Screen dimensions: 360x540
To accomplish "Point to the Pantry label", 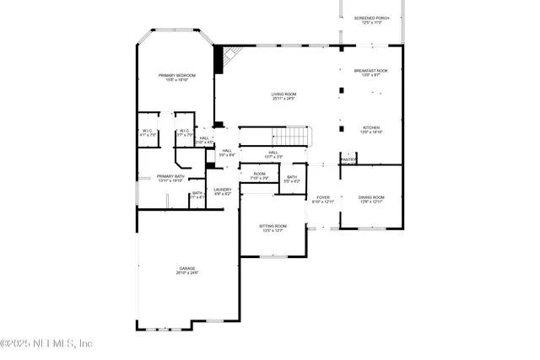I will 348,159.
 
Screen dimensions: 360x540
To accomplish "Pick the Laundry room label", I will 223,191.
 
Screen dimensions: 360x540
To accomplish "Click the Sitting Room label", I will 273,228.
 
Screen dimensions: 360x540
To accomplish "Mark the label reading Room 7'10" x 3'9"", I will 259,175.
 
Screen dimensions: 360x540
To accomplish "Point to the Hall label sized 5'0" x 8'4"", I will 227,153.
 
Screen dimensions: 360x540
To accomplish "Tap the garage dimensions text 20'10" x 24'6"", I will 186,273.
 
